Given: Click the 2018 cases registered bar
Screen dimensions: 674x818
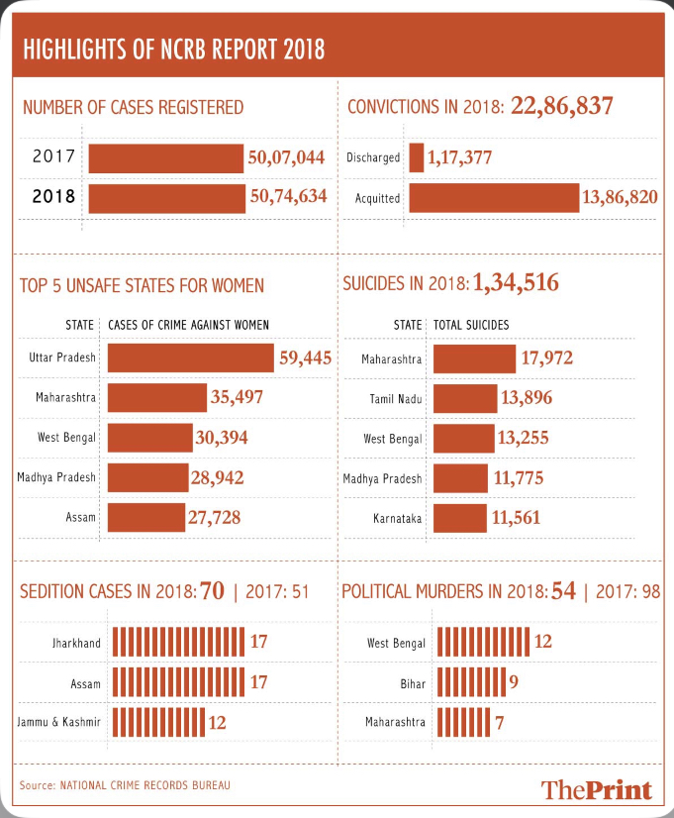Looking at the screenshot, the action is click(167, 198).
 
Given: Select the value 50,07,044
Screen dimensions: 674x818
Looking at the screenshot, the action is click(286, 157).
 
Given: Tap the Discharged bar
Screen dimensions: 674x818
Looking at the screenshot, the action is click(417, 157).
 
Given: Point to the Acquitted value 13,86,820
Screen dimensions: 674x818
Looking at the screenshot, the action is click(620, 197).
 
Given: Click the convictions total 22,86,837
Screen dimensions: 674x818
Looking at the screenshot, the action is click(561, 105).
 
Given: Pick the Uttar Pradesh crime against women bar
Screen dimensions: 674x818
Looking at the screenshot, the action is click(191, 358).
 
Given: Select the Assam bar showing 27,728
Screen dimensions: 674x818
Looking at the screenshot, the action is click(146, 518).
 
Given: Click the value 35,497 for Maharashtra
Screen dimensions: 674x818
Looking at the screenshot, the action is click(237, 397).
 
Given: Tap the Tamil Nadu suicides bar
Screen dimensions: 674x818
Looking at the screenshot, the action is click(465, 398).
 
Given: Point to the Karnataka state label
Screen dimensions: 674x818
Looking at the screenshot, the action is click(397, 519).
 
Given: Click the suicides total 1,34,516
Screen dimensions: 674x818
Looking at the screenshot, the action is click(516, 282).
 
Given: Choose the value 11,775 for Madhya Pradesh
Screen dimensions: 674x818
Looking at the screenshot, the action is click(519, 478).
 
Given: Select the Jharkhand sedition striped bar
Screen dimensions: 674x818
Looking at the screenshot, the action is click(178, 642).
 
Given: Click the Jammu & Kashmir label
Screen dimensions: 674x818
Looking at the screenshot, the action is click(59, 722).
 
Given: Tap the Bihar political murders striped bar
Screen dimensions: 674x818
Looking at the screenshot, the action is click(472, 682).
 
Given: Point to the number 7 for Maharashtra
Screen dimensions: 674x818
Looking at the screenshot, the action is click(500, 723).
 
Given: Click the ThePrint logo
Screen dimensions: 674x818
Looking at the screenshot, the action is click(597, 790).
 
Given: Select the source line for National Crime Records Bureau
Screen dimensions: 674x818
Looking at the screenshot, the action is click(125, 785).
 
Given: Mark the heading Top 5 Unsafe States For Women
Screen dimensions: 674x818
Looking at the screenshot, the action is click(142, 286).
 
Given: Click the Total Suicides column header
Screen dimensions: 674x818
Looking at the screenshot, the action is click(471, 325).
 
